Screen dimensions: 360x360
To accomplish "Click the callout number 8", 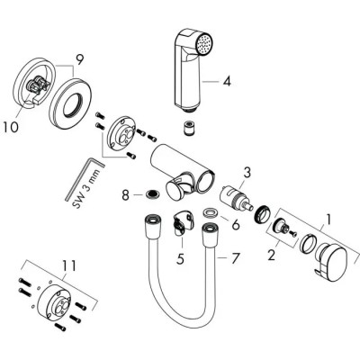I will coord(126,193).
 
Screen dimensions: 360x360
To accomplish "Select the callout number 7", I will coord(237,260).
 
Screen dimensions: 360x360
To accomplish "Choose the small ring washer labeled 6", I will coord(209,214).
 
